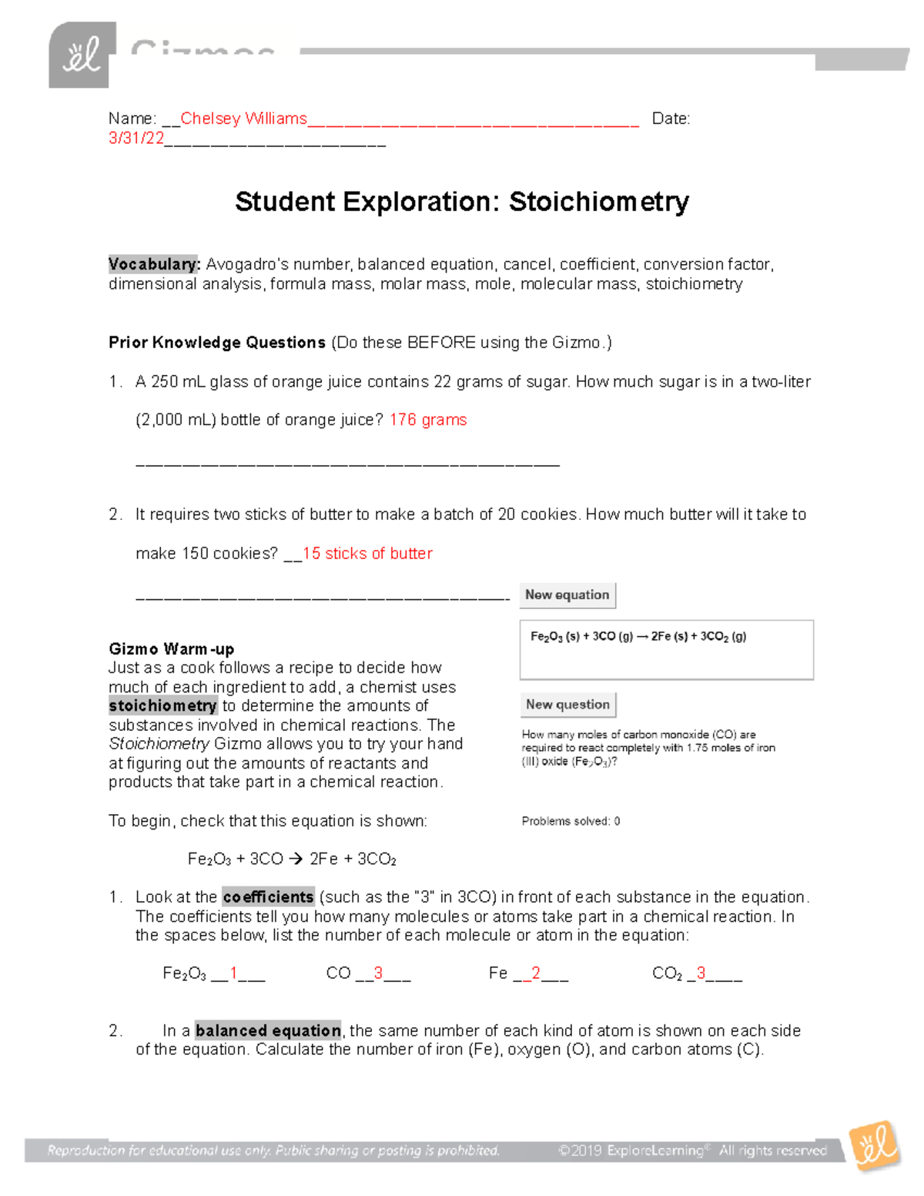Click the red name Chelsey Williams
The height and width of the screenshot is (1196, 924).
tap(243, 119)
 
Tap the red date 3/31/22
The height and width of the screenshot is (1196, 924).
tap(136, 139)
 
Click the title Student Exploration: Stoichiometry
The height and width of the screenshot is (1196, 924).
tap(461, 202)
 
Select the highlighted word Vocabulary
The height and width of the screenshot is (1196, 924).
tap(154, 264)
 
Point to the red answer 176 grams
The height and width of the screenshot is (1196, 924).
tap(428, 420)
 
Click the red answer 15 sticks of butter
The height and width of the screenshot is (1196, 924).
tap(367, 554)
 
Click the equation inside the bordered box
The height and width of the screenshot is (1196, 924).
tap(638, 637)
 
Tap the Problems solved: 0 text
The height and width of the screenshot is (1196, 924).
tap(571, 821)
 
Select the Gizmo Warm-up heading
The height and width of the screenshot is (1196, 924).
tap(171, 648)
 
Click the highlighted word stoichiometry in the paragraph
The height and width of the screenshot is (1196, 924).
tap(162, 706)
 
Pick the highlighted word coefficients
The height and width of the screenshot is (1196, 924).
tap(268, 897)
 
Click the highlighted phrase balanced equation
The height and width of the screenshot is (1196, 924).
tap(268, 1030)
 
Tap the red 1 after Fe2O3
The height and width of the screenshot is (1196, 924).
tap(233, 973)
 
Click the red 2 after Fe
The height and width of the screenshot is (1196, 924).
tap(536, 973)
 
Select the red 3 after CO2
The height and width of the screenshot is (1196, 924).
tap(701, 973)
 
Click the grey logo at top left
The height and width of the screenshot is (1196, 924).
tap(82, 55)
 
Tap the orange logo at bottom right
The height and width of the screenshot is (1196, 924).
tap(875, 1146)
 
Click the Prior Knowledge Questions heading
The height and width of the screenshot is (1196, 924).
tap(217, 343)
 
